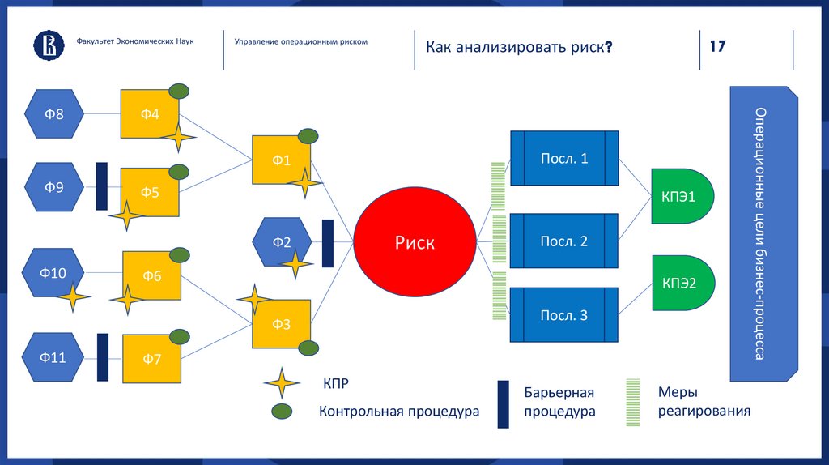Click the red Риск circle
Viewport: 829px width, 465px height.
(x=414, y=242)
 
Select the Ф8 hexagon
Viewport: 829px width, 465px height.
(x=54, y=114)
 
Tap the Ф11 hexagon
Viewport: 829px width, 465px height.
(x=54, y=356)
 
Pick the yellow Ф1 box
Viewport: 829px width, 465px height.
(x=281, y=160)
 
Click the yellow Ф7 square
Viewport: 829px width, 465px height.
(x=152, y=359)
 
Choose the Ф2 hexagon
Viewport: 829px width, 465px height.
(x=281, y=242)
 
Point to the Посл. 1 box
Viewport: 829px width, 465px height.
(x=564, y=159)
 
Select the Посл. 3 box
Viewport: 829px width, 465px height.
(x=564, y=316)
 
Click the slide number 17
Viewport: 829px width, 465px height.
(x=717, y=46)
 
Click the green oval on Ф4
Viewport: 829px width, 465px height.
(x=178, y=91)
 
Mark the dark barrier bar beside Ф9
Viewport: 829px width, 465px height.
(x=102, y=186)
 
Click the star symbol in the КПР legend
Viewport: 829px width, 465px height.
(x=282, y=383)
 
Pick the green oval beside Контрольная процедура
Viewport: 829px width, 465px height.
(x=282, y=411)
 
